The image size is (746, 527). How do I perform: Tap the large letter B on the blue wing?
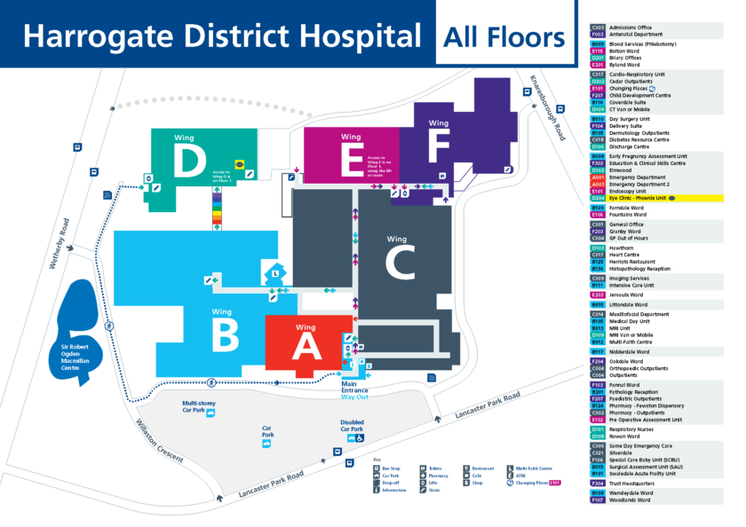[224, 334]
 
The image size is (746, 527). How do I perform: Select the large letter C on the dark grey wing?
[401, 263]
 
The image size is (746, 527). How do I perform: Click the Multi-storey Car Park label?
[199, 407]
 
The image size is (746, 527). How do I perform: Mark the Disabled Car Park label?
[353, 426]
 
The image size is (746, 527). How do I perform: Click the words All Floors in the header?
[504, 37]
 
